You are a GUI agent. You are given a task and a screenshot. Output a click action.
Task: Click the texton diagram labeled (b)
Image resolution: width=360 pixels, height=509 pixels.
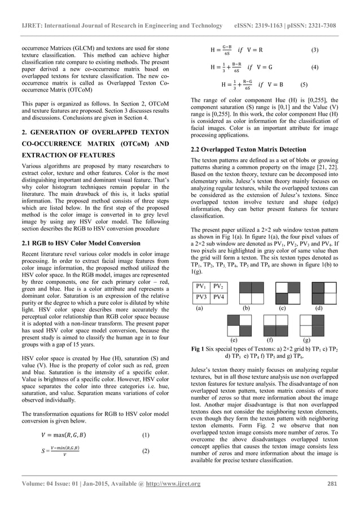click(x=246, y=292)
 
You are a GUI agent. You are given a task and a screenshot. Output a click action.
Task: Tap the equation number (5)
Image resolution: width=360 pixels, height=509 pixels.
click(x=304, y=85)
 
